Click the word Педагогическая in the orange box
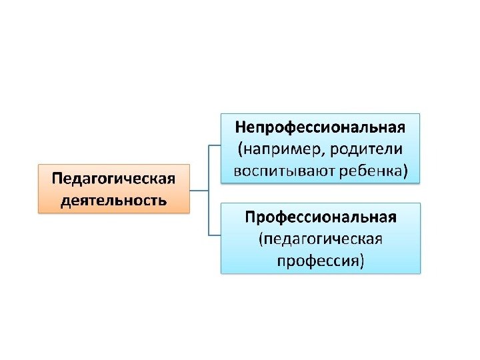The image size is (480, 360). [113, 179]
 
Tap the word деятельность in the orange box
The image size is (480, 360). [113, 199]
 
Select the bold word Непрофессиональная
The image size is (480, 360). [320, 127]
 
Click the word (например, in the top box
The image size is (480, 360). [275, 149]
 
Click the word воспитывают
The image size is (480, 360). [281, 171]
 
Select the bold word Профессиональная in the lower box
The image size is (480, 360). [320, 217]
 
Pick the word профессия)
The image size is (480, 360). [320, 260]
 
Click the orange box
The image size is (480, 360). [113, 189]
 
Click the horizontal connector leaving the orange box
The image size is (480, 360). [199, 190]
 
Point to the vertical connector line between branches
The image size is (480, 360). [209, 190]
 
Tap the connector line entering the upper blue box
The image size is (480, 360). [215, 145]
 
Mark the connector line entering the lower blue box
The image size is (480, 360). [215, 235]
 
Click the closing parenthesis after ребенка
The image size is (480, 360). [403, 171]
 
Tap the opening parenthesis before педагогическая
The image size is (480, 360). [261, 239]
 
